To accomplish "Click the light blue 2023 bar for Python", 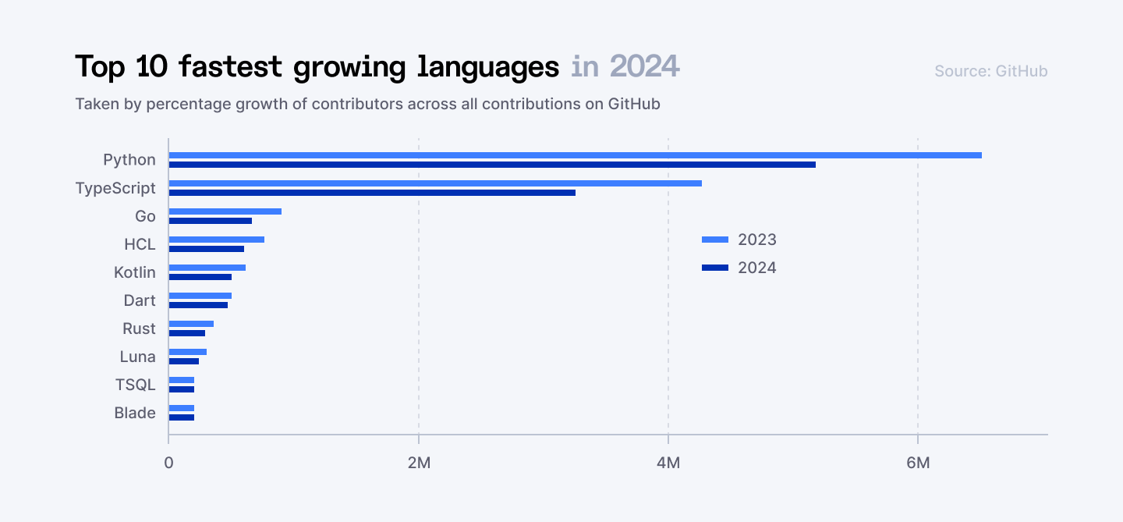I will (575, 155).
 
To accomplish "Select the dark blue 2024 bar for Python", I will (492, 165).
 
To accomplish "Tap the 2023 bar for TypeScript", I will (435, 183).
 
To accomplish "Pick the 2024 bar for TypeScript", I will (372, 193).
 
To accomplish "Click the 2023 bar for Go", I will (225, 211).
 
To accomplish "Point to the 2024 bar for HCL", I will (207, 249).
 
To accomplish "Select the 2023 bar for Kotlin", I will (207, 268).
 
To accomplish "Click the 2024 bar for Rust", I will (187, 333).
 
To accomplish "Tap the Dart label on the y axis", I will (140, 300).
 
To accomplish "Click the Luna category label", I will (137, 357).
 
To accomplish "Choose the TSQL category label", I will (135, 385).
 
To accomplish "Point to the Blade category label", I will (135, 413).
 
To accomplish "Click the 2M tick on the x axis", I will (419, 462).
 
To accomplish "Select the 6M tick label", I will (918, 462).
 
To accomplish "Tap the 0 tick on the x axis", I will (168, 462).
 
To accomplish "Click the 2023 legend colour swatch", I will (715, 240).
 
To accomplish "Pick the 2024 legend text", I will (757, 268).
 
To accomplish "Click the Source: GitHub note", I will (990, 71).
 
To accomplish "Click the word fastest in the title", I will (230, 67).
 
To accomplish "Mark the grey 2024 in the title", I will (644, 67).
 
